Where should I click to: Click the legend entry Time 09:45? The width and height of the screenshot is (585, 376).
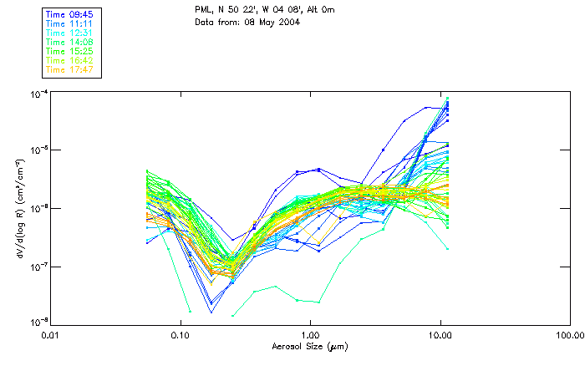(x=70, y=14)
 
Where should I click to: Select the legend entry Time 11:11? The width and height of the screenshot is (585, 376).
(x=70, y=23)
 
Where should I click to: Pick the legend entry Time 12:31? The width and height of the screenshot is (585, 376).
(x=70, y=33)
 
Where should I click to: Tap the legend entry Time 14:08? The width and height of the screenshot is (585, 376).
(x=70, y=42)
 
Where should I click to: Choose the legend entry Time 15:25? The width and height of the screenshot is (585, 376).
(x=70, y=51)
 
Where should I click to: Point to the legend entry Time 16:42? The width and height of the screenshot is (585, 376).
(x=70, y=60)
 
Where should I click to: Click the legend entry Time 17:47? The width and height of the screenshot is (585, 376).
(x=70, y=69)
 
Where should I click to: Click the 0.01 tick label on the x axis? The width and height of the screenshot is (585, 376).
(x=51, y=335)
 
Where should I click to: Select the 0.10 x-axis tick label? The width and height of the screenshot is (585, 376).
(x=181, y=335)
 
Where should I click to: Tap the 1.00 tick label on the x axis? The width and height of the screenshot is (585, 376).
(x=310, y=335)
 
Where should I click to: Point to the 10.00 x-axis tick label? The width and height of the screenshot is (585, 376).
(x=440, y=335)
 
